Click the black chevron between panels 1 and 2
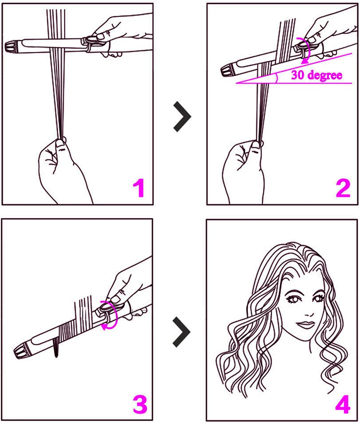coord(182,117)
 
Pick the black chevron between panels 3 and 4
coord(182,332)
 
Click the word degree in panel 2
coord(325,75)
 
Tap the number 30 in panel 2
coord(298,75)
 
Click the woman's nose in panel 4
coord(308,311)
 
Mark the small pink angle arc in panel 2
coord(277,78)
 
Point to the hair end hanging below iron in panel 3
coord(56,347)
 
